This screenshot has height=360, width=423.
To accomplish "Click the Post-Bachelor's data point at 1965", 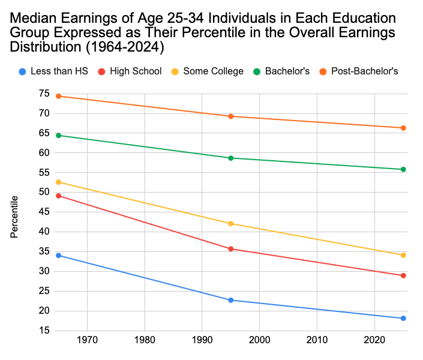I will pyautogui.click(x=58, y=96).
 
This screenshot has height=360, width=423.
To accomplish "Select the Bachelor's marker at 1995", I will pyautogui.click(x=230, y=158).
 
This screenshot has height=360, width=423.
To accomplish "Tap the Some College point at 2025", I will pyautogui.click(x=403, y=255).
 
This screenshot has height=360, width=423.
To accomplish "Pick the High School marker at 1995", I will pyautogui.click(x=230, y=248).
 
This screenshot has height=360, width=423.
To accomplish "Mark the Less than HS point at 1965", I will pyautogui.click(x=58, y=256).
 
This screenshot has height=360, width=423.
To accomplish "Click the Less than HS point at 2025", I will pyautogui.click(x=403, y=318).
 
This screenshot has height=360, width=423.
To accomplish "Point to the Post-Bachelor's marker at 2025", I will pyautogui.click(x=403, y=128).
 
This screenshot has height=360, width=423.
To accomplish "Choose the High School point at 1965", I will pyautogui.click(x=58, y=196).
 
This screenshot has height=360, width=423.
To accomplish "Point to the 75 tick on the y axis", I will pyautogui.click(x=44, y=94).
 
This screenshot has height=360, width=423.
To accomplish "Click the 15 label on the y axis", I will pyautogui.click(x=44, y=331).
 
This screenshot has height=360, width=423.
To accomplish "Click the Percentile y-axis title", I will pyautogui.click(x=14, y=216).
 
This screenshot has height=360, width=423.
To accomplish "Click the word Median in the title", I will pyautogui.click(x=34, y=19).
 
